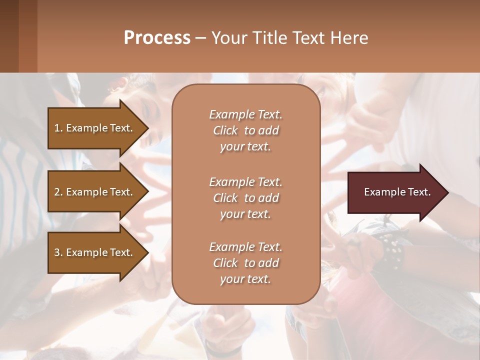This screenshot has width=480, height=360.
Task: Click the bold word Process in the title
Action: coord(157,37)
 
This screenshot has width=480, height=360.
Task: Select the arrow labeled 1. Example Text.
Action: coord(95,128)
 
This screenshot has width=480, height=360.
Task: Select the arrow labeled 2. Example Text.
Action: coord(95,192)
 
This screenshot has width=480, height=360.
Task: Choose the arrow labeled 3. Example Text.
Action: coord(95,252)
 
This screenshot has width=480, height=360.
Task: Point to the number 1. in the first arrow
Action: coord(58,128)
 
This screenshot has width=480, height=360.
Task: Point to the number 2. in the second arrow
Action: coord(58,192)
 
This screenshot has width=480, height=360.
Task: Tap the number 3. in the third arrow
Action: coord(58,252)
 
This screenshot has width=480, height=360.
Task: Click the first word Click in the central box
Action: coord(225,130)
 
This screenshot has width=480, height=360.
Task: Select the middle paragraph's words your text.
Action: coord(245,214)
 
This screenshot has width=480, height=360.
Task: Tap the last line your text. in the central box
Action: coord(245,279)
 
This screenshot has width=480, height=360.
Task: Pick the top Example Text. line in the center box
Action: coord(245,114)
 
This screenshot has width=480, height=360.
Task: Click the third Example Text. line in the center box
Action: coord(245,247)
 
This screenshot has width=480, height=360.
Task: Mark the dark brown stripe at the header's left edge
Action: coord(9,36)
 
